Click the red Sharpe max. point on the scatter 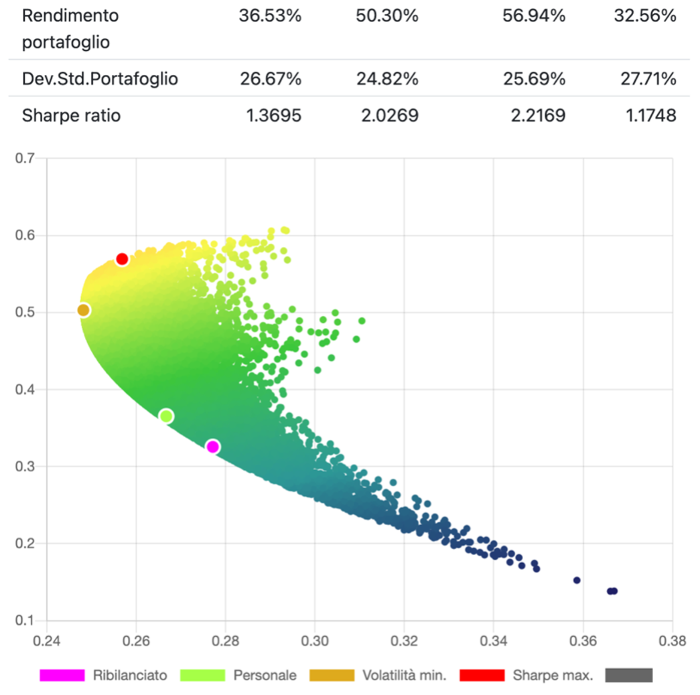coord(122,259)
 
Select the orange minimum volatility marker coord(83,310)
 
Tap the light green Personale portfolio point coord(166,416)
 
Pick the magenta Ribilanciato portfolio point coord(213,447)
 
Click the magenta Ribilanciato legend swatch coord(62,675)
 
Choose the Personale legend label coord(265,675)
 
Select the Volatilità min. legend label coord(404,675)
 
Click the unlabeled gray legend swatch coord(628,675)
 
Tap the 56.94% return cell coord(534,16)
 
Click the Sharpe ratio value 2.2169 coord(534,115)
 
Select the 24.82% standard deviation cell coord(387,79)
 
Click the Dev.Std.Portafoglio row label coord(100,79)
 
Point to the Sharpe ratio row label coord(71,115)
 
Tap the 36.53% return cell coord(270,16)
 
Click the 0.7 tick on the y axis coord(24,159)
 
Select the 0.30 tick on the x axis coord(315,640)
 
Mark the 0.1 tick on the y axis coord(24,620)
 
